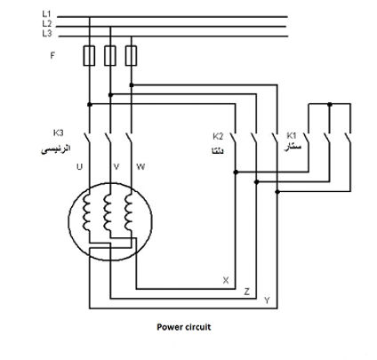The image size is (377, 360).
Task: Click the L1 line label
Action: pos(46,13)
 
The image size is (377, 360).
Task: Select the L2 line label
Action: pos(47,23)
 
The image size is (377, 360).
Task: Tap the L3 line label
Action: pos(47,34)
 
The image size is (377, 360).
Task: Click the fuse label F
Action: pos(52,55)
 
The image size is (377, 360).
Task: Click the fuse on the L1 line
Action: pos(89,55)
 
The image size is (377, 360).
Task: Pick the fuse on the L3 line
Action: pos(131,55)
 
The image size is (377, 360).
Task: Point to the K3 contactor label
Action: pos(58,132)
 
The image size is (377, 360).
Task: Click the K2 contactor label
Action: pos(218,137)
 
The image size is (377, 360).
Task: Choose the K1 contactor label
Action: pos(292,135)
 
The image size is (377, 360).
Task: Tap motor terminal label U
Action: pos(79,167)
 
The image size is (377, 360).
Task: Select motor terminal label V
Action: pos(116,167)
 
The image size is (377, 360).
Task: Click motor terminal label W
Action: pos(140,167)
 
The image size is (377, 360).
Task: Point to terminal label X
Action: pos(226,280)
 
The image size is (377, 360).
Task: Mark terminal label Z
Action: pos(246,292)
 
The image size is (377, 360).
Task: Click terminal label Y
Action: pos(267,300)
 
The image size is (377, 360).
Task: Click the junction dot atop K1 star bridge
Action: pos(330,104)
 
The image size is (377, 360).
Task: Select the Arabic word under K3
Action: pos(56,148)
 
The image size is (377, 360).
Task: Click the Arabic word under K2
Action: pos(217,151)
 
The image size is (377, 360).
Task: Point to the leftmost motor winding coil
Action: pos(87,212)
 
